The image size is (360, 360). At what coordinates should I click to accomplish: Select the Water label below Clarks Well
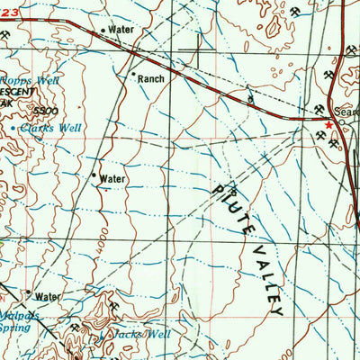[x=112, y=179]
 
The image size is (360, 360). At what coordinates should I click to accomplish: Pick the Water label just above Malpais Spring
[x=46, y=296]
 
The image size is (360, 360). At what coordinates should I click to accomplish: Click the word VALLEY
[x=266, y=273]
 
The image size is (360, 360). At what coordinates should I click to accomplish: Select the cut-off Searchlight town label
[x=346, y=112]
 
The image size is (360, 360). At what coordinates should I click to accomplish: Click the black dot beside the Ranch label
[x=133, y=74]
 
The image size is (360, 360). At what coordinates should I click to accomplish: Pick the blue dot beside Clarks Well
[x=13, y=129]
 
